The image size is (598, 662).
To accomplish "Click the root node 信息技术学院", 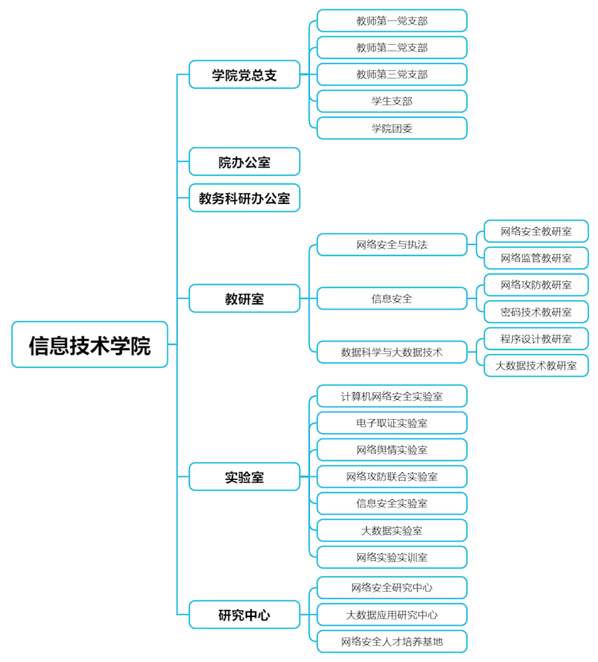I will [89, 345].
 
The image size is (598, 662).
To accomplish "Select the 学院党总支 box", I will [244, 75].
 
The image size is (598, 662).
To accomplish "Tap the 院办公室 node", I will [244, 162].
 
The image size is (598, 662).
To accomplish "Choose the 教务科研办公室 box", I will [244, 198].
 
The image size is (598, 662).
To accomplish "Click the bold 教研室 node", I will [244, 299].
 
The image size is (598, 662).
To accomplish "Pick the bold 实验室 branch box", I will [244, 477].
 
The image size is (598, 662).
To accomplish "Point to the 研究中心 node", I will [244, 615].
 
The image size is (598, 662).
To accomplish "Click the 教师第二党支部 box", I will [391, 48].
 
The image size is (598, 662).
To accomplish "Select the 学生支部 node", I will [391, 101].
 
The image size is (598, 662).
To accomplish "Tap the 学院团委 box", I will [391, 128].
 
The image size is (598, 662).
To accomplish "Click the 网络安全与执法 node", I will [391, 245].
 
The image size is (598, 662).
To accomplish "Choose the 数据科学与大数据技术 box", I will [391, 352].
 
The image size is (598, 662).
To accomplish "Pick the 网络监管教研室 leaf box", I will [536, 258].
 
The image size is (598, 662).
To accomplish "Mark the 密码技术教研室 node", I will [536, 312].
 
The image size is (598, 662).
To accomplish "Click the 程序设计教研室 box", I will [536, 339].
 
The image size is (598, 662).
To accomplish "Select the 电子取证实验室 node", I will [391, 423].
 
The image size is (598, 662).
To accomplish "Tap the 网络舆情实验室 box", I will [391, 450].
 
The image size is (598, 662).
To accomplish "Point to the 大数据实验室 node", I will [391, 530].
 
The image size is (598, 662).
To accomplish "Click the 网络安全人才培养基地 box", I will [391, 641].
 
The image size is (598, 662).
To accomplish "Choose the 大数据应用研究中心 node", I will [391, 615].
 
